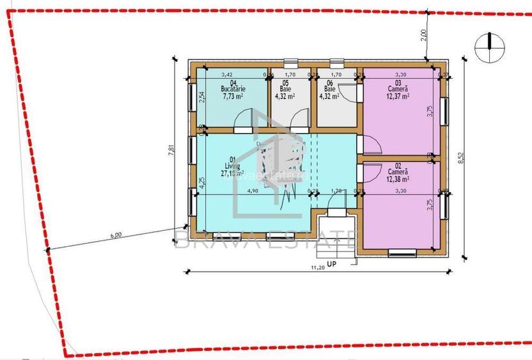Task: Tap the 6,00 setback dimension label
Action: tap(116, 235)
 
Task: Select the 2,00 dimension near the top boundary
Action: tap(423, 35)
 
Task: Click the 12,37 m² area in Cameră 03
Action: tap(398, 97)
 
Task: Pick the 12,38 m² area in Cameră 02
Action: tap(398, 179)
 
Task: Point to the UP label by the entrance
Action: tap(331, 263)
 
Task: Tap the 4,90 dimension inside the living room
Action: tap(252, 191)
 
